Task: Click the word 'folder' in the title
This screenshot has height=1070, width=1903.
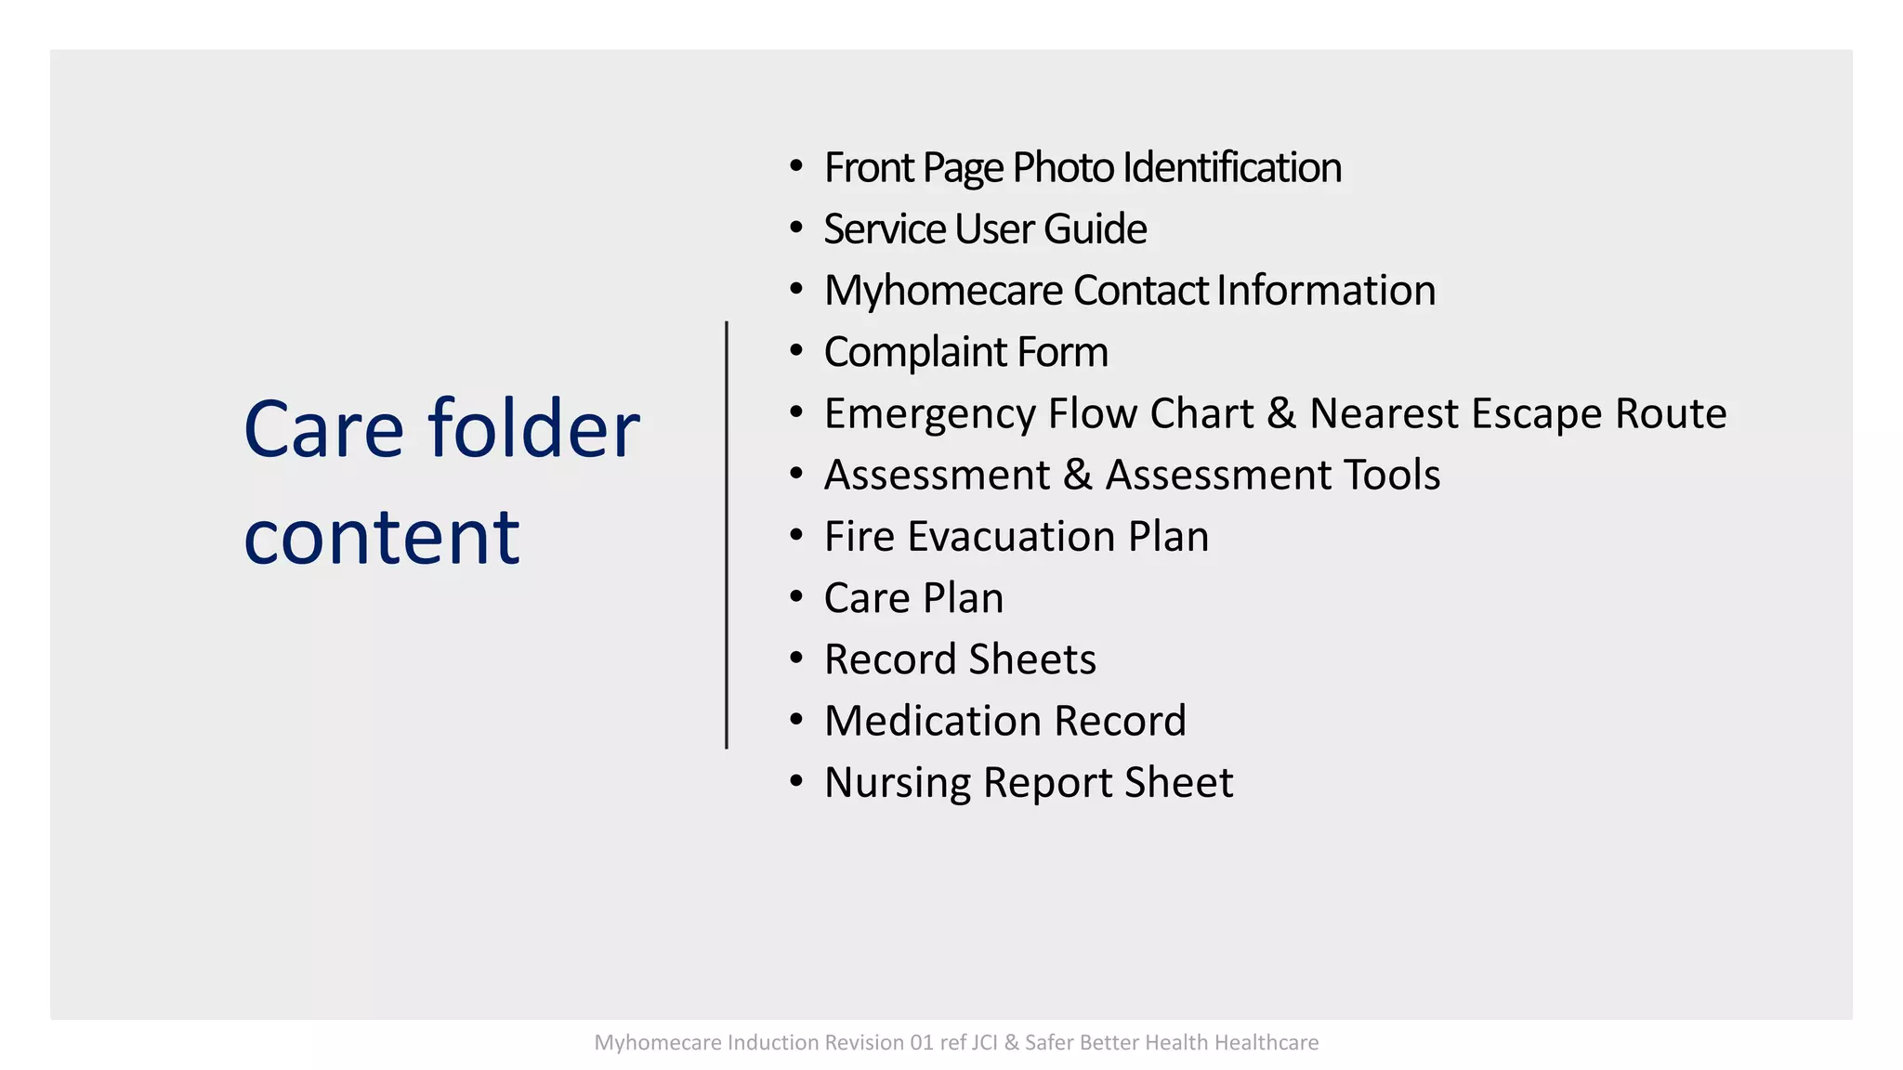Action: (533, 429)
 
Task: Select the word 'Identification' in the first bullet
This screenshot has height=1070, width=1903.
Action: (1231, 168)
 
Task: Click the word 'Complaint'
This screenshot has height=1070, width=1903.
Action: (915, 353)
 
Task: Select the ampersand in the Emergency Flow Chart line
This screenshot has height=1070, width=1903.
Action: (1281, 413)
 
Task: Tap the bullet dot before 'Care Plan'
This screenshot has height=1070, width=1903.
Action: (795, 596)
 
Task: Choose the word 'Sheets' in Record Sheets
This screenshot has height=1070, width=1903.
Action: (1032, 659)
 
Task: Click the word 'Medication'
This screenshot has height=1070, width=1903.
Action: (933, 721)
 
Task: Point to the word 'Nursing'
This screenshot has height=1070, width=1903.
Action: (897, 783)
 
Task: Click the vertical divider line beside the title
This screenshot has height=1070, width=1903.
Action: (727, 535)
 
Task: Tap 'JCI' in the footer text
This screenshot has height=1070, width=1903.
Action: (984, 1043)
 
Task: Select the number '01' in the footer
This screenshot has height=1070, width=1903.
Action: (922, 1043)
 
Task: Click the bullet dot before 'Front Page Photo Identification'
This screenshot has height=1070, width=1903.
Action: (795, 166)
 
